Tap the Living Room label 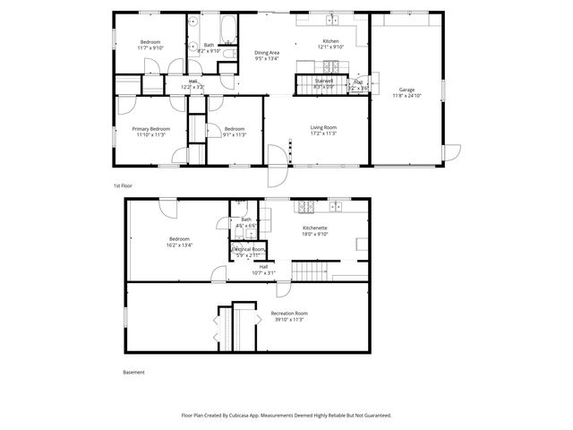(x=322, y=128)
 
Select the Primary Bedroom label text (x=151, y=129)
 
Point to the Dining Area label (x=268, y=52)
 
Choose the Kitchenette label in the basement (x=314, y=228)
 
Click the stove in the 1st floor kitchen (x=332, y=65)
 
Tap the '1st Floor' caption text (x=123, y=185)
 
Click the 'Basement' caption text (x=133, y=372)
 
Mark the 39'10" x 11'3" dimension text (x=288, y=319)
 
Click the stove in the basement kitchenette (x=338, y=208)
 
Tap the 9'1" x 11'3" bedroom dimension (x=234, y=135)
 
